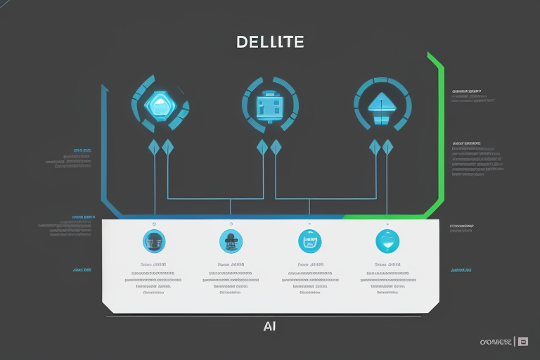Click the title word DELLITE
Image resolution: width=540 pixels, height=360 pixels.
point(271,42)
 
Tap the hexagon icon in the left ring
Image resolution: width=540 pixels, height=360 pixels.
point(160,105)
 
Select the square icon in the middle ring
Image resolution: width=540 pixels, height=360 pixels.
point(270,105)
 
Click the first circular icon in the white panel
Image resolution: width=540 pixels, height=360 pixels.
point(154,241)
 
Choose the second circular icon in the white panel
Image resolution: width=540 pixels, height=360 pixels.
point(231,241)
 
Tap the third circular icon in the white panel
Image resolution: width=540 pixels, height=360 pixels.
point(309,241)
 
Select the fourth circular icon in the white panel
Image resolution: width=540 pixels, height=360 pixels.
point(386,241)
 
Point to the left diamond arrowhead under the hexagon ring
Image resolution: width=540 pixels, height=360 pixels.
point(154,148)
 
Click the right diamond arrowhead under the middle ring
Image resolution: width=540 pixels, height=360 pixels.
point(276,148)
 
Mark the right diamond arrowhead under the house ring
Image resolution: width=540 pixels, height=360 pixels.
point(387,148)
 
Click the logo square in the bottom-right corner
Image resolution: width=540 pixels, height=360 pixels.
point(522,342)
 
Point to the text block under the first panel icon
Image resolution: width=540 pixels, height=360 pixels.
point(156,279)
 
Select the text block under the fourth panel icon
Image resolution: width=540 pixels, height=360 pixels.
point(385,279)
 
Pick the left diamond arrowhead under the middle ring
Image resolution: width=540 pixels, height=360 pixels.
point(262,148)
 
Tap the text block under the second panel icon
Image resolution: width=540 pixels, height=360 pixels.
point(232,279)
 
